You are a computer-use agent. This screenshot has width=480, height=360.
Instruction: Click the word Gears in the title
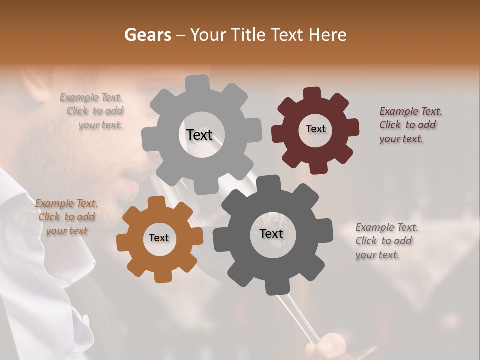(147, 35)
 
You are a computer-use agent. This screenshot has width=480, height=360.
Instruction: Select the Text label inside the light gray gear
(199, 135)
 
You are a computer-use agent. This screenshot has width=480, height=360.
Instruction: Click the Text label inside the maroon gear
(315, 129)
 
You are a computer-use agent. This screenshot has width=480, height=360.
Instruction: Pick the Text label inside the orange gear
(159, 238)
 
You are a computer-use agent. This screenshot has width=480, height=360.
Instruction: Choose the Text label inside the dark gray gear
(271, 233)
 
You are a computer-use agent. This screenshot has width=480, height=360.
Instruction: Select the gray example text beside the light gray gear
(93, 111)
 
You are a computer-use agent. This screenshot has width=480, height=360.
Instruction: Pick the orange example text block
(66, 217)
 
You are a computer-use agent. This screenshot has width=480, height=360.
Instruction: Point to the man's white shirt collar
(30, 210)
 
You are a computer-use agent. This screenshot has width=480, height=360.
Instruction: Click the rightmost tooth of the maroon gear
(352, 128)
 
